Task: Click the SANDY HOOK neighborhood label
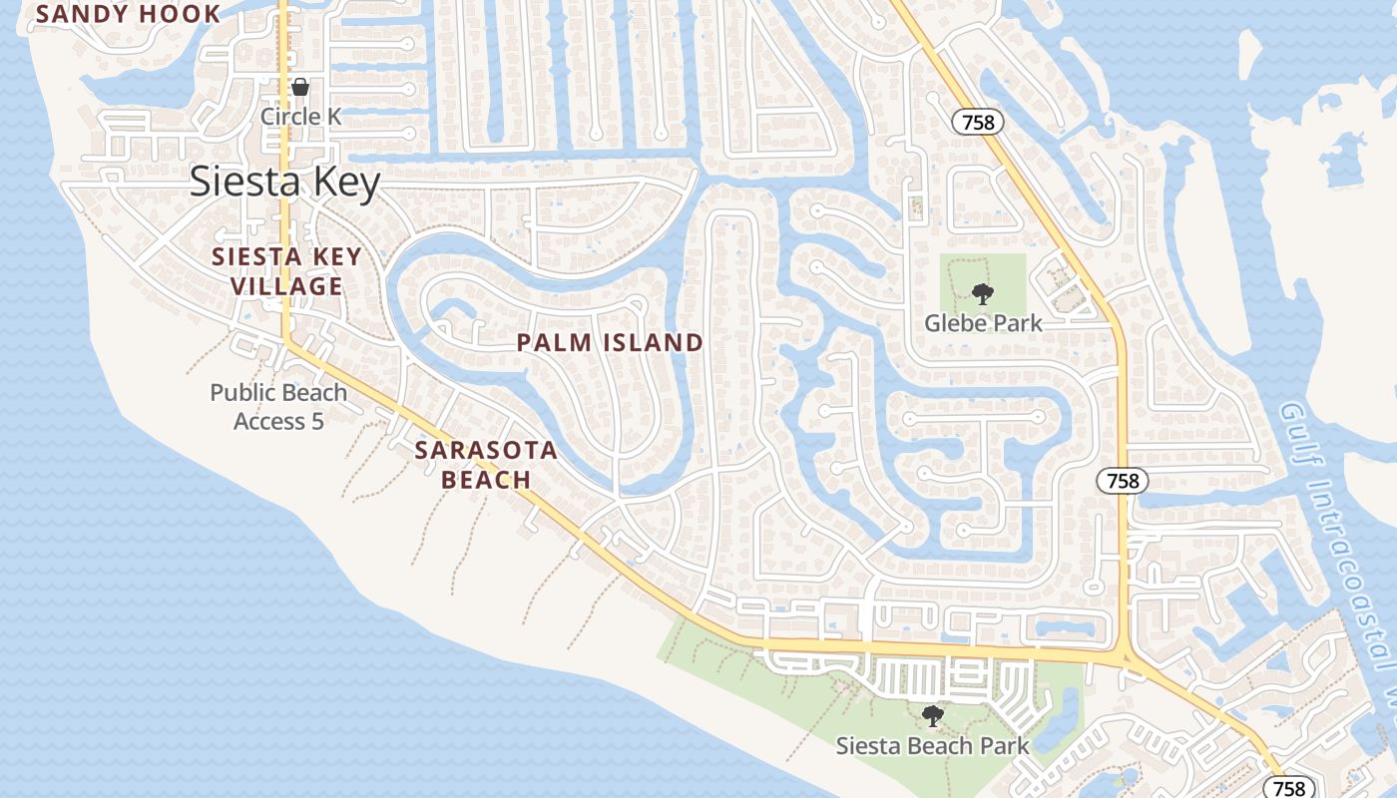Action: tap(128, 14)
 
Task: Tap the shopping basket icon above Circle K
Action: tap(299, 87)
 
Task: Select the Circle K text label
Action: tap(300, 117)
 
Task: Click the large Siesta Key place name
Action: tap(285, 183)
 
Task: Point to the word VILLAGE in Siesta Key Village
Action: tap(287, 286)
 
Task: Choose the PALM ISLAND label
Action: tap(610, 343)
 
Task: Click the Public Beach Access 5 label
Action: tap(278, 407)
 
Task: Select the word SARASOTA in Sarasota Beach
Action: tap(486, 450)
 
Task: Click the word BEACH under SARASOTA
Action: tap(486, 480)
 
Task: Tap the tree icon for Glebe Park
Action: tap(983, 293)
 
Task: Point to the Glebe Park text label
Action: tap(983, 323)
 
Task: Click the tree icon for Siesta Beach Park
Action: tap(932, 715)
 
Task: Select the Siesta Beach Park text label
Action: tap(932, 746)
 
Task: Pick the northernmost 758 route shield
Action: tap(978, 123)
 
